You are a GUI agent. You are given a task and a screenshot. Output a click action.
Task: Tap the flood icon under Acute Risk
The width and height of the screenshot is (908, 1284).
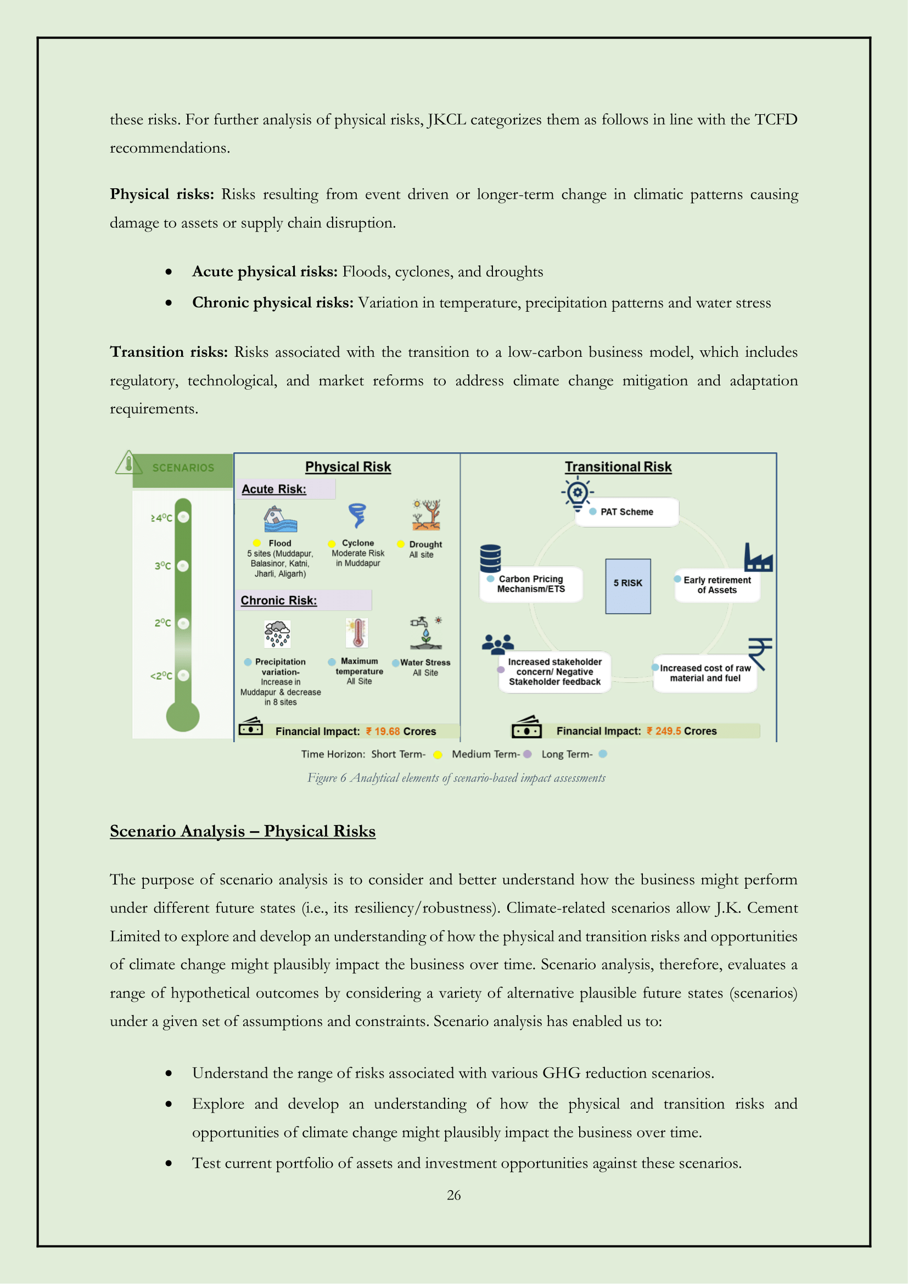(280, 519)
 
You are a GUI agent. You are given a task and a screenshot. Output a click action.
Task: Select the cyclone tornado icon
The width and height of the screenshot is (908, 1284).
(357, 515)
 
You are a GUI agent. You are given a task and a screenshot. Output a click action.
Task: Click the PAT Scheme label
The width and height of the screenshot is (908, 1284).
(626, 512)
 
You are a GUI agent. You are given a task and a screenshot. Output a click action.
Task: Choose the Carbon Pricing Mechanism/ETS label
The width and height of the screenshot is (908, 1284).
(531, 584)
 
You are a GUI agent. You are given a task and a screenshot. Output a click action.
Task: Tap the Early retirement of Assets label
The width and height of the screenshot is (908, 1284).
(717, 585)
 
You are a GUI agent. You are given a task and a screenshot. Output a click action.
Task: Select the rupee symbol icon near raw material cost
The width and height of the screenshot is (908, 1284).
(760, 653)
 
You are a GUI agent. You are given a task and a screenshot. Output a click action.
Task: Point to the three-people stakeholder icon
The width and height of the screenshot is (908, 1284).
(497, 644)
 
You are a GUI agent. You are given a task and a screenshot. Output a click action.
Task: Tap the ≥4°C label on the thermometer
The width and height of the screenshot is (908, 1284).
(161, 518)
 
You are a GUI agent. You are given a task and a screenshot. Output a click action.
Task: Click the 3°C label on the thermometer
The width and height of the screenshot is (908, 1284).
(162, 566)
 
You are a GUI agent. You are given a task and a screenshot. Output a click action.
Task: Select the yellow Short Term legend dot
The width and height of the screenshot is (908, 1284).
(438, 754)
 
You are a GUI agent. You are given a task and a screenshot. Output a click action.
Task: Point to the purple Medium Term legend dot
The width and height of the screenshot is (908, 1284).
(526, 754)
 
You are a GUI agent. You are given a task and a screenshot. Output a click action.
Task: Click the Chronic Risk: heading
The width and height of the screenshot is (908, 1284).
(278, 600)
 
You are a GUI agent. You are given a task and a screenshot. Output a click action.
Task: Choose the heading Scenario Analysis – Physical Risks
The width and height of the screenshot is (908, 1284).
(242, 831)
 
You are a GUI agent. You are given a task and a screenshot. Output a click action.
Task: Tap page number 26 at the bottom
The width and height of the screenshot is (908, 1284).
(453, 1195)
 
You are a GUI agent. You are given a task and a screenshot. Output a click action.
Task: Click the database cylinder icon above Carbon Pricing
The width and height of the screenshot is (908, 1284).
(490, 558)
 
